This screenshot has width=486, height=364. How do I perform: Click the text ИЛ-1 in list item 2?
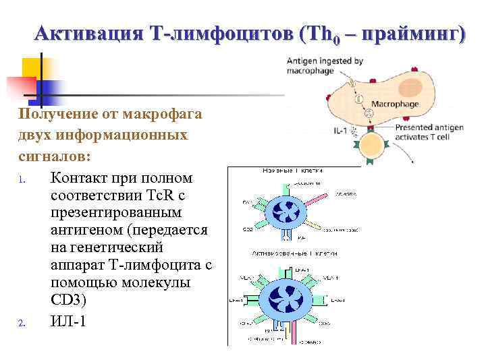click(68, 322)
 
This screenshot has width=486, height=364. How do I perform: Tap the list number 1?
click(22, 180)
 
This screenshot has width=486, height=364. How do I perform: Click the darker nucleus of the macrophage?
click(410, 86)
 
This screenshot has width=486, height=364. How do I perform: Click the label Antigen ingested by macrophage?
click(324, 65)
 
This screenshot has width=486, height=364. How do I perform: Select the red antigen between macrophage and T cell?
click(369, 128)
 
